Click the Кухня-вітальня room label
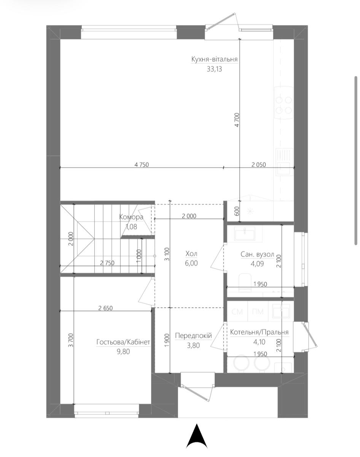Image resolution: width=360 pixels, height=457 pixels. tap(214, 59)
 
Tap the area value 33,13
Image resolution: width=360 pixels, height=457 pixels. tap(214, 69)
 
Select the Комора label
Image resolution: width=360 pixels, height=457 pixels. tap(131, 217)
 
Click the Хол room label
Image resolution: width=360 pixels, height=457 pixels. tap(191, 254)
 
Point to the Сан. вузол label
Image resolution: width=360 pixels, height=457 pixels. tap(257, 254)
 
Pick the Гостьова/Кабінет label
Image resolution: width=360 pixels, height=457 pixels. tap(123, 342)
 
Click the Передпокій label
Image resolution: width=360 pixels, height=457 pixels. tap(193, 336)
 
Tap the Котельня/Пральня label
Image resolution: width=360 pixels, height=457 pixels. tap(260, 332)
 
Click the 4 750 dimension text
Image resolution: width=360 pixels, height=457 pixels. tap(142, 165)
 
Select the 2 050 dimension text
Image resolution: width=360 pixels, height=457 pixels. tap(258, 165)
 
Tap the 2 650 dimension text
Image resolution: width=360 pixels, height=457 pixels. tap(105, 308)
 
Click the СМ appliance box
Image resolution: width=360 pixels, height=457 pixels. tap(237, 312)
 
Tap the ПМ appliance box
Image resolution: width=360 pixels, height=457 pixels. tap(258, 312)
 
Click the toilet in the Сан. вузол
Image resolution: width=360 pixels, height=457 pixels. tap(245, 283)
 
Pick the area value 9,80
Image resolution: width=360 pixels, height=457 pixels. tap(123, 352)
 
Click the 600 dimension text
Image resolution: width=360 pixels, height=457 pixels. tap(237, 211)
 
